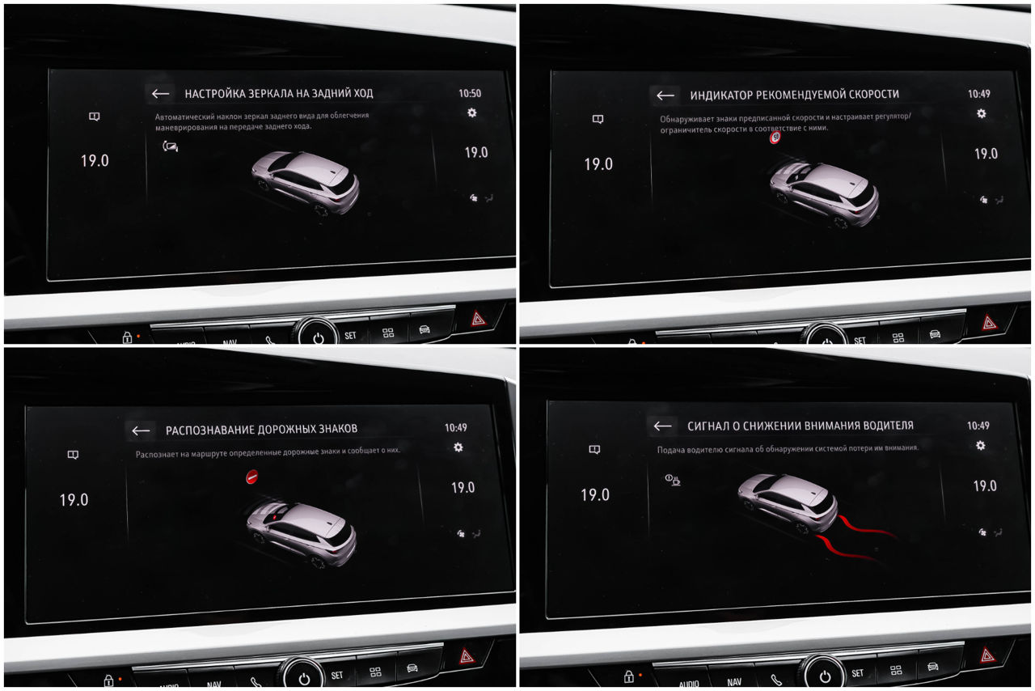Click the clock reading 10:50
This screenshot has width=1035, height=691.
[x=470, y=93]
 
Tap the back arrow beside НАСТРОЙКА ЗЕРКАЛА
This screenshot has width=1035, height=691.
[x=160, y=94]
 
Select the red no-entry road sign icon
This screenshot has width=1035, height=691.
[x=251, y=477]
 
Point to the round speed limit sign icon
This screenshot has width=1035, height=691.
[x=775, y=137]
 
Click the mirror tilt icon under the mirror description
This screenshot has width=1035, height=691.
[x=170, y=146]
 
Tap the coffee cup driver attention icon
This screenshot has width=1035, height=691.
[x=672, y=480]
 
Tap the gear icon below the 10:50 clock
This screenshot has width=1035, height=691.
[x=471, y=112]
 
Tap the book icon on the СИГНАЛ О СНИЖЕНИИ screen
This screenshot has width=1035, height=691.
[x=594, y=450]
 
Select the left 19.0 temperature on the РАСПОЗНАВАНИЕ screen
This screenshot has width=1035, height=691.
[x=74, y=500]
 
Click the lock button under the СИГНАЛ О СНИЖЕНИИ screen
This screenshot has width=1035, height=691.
[x=628, y=677]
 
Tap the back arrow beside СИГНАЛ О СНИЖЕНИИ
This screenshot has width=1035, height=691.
[x=662, y=426]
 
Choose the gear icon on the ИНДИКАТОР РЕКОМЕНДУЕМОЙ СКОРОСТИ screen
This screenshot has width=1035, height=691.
[x=982, y=114]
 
